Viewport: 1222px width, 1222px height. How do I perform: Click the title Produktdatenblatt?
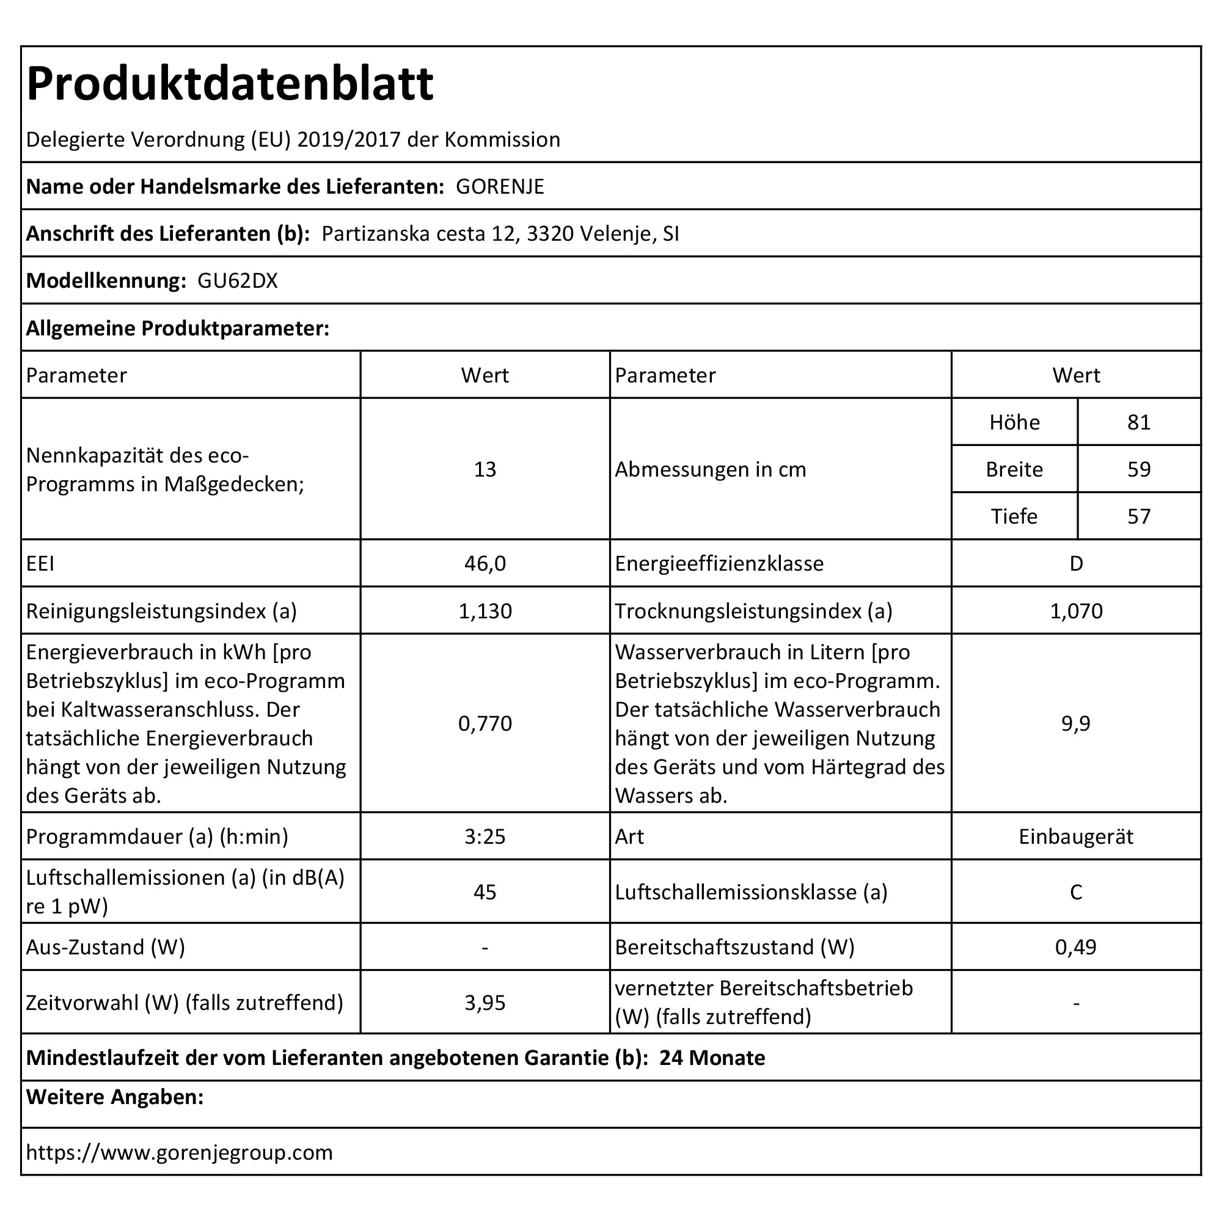[230, 84]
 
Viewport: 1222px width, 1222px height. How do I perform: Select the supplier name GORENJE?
[500, 186]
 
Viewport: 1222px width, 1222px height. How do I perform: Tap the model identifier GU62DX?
[237, 281]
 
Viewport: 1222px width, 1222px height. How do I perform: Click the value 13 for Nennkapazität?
[485, 469]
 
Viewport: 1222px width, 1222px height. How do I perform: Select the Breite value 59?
[1138, 469]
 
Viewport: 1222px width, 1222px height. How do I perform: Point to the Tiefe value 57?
[1138, 517]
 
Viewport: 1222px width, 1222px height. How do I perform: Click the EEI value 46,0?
[485, 563]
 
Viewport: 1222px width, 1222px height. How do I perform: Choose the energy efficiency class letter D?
[1076, 563]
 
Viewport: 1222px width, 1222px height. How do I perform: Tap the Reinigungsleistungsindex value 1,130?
[485, 611]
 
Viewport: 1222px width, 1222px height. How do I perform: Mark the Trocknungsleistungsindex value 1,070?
[1076, 611]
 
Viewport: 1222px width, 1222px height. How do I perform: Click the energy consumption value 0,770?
[485, 723]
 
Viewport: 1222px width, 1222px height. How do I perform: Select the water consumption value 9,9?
[1076, 723]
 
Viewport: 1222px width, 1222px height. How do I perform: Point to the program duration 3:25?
[485, 837]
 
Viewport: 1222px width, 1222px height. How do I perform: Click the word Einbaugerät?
[1076, 837]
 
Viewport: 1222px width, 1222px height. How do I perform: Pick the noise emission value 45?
[485, 892]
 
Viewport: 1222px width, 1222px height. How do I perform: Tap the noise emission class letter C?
[1076, 892]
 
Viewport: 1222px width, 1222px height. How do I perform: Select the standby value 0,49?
[1076, 947]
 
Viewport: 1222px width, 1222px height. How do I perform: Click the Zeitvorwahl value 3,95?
[485, 1003]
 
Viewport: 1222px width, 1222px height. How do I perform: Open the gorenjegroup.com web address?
[179, 1152]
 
